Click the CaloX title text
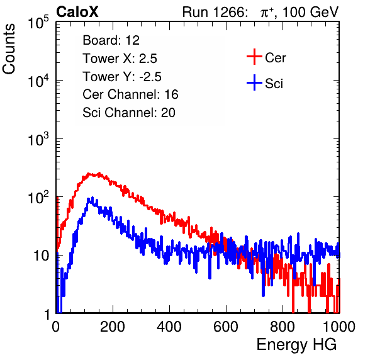[x=77, y=12]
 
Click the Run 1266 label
[x=215, y=12]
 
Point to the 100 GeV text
[x=311, y=12]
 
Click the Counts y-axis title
[x=9, y=49]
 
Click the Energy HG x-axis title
[x=296, y=345]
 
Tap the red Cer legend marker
[x=254, y=57]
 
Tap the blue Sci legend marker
[x=254, y=82]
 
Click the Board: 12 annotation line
[x=111, y=40]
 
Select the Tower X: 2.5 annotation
[x=120, y=59]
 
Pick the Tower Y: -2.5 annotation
[x=122, y=77]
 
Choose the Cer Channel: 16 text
[x=130, y=94]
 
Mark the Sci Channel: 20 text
[x=129, y=113]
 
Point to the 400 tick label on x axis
[x=169, y=327]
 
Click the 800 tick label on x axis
[x=283, y=327]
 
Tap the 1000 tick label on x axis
[x=339, y=327]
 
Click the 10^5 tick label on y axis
[x=38, y=23]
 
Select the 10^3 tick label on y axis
[x=38, y=139]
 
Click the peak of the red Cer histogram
[x=99, y=173]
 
